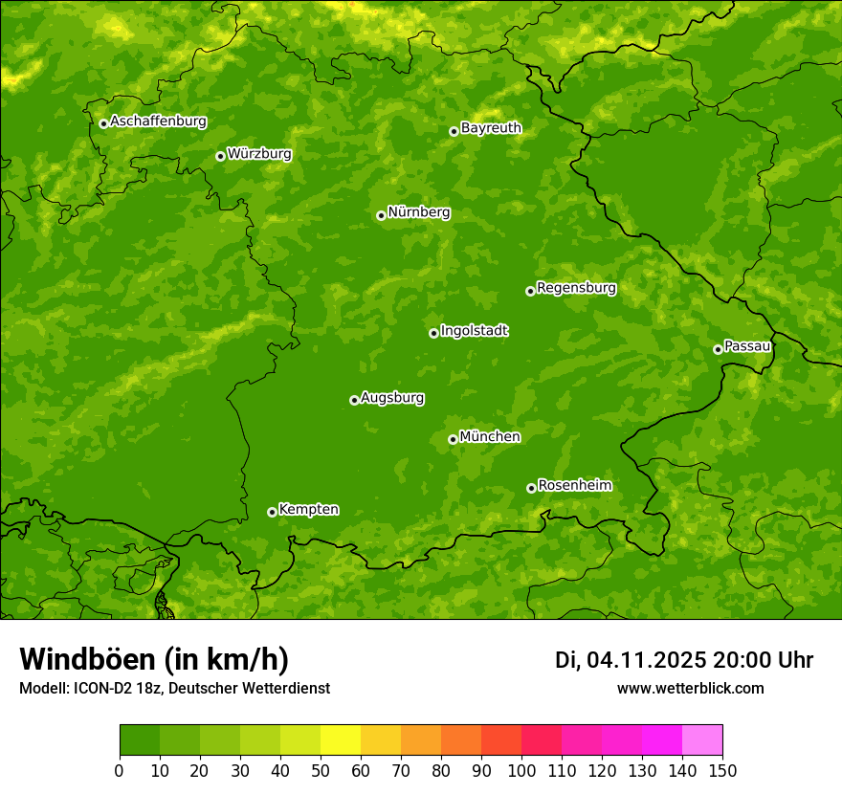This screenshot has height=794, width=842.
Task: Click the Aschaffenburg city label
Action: point(158,121)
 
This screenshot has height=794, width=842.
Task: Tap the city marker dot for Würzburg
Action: point(220,156)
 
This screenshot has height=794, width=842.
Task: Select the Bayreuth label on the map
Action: point(491,127)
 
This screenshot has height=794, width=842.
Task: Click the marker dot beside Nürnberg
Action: point(381,215)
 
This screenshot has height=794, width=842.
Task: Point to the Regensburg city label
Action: point(576,287)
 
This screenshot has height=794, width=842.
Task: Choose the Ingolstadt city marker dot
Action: point(433,333)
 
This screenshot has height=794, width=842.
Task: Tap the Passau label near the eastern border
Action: point(747,345)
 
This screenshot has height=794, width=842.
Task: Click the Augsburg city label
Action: point(392,397)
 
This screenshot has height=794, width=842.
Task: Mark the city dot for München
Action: point(453,439)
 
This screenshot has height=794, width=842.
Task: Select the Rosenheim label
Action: point(574,485)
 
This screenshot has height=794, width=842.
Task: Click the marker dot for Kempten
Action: point(272,512)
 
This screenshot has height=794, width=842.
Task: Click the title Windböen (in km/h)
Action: point(153,659)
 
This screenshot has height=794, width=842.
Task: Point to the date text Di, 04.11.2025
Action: point(631,660)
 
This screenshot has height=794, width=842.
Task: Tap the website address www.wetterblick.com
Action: point(690,688)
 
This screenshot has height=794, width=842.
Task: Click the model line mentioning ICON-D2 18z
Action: point(174,688)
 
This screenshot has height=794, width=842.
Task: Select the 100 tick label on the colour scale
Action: point(521,770)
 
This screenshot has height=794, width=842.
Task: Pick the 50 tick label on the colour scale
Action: point(321,770)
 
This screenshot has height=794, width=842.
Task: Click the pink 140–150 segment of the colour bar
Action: point(702,739)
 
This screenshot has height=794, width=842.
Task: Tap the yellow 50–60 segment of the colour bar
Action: point(341,739)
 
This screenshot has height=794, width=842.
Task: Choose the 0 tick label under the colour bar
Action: point(120,770)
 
